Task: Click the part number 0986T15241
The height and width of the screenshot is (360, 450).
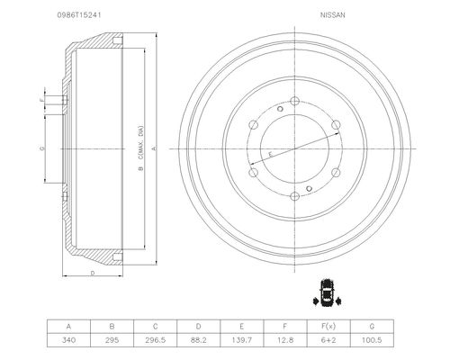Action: pos(79,15)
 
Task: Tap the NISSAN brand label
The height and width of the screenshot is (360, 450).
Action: pos(333,15)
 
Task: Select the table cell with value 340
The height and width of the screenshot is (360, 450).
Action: pos(68,340)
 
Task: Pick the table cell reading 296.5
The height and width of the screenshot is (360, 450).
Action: pos(156,340)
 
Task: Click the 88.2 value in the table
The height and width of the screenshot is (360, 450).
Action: pos(199,340)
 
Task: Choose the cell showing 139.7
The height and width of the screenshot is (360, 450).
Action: pos(242,340)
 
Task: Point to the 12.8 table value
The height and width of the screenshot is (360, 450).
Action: pos(285,340)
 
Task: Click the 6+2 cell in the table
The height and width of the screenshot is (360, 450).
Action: pos(328,340)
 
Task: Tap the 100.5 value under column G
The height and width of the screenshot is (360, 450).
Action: pos(372,340)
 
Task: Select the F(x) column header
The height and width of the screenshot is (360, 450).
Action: pos(328,326)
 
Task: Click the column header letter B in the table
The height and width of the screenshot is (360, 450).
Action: pos(112,326)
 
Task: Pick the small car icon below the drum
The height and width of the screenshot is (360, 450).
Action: pos(328,293)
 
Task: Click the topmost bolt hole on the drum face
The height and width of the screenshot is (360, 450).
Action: pos(295,101)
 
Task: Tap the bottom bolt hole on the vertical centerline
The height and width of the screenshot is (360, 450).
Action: pos(295,196)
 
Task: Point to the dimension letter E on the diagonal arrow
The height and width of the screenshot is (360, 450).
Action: pos(270,155)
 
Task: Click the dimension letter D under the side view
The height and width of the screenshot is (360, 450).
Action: pos(93,273)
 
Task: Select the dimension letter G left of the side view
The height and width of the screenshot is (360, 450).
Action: pos(42,148)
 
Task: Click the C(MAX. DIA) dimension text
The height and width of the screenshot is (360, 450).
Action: pos(141,143)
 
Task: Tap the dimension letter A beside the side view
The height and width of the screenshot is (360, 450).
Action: pos(154,148)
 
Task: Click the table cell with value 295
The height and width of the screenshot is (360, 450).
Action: pos(112,340)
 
